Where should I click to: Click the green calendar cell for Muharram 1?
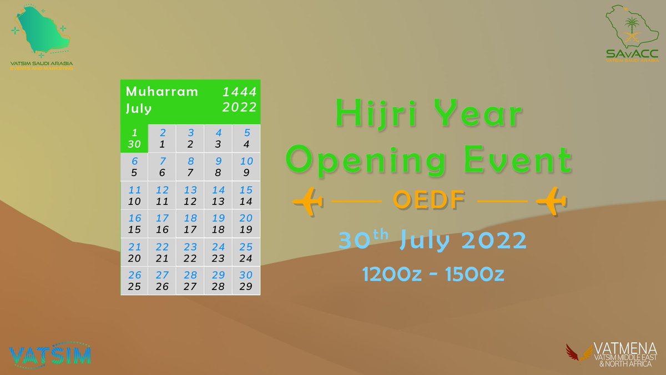pyautogui.click(x=134, y=138)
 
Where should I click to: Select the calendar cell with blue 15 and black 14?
pyautogui.click(x=246, y=196)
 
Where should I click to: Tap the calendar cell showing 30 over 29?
pyautogui.click(x=246, y=281)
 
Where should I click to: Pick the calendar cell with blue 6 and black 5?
pyautogui.click(x=134, y=167)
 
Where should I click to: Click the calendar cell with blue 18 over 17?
pyautogui.click(x=190, y=223)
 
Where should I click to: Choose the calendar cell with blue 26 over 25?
pyautogui.click(x=134, y=281)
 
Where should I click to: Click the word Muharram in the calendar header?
pyautogui.click(x=162, y=92)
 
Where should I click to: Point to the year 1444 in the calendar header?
pyautogui.click(x=239, y=92)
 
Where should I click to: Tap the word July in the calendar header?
pyautogui.click(x=139, y=108)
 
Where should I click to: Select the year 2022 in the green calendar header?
pyautogui.click(x=239, y=107)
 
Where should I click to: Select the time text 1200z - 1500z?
pyautogui.click(x=433, y=274)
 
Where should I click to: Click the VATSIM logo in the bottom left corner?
pyautogui.click(x=50, y=354)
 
